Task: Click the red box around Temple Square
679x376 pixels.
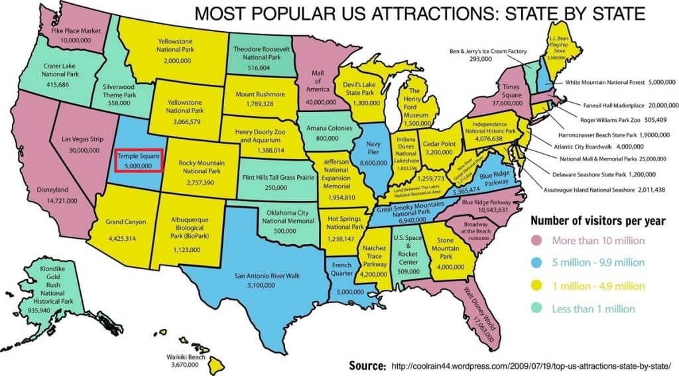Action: point(139,160)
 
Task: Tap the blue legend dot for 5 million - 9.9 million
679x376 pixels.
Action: point(537,263)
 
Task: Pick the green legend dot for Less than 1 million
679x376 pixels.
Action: point(537,309)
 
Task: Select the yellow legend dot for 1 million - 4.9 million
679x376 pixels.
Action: point(537,286)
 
